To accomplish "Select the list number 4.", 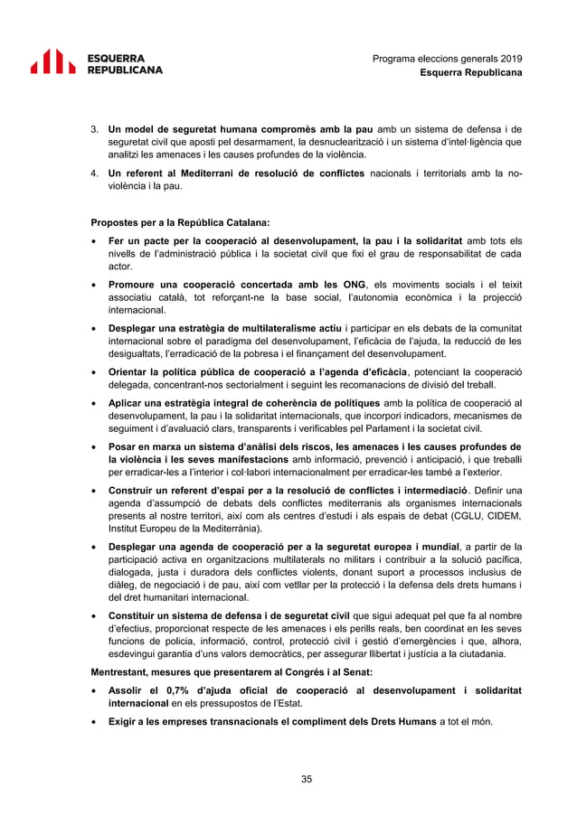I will coord(95,173).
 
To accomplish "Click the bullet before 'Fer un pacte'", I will coord(95,241).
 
